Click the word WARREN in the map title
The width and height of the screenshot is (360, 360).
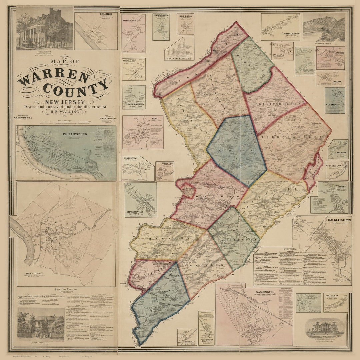pos(53,77)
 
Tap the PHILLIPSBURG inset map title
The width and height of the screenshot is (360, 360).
pos(75,134)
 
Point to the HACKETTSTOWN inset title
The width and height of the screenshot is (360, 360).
pos(336,220)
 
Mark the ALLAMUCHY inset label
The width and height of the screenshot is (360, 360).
pos(335,105)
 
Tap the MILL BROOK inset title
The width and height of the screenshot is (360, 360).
pos(185,16)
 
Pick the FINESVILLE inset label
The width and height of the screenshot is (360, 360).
pos(187,341)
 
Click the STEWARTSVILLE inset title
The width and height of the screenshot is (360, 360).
pos(140,209)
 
